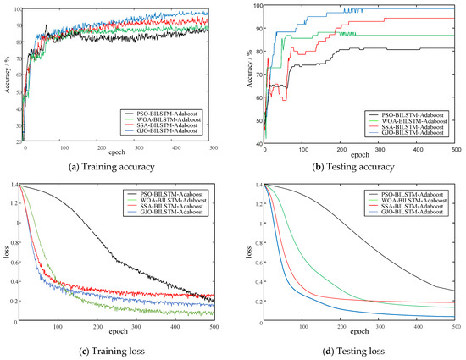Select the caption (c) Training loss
click(x=117, y=350)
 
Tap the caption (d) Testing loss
click(x=350, y=350)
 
